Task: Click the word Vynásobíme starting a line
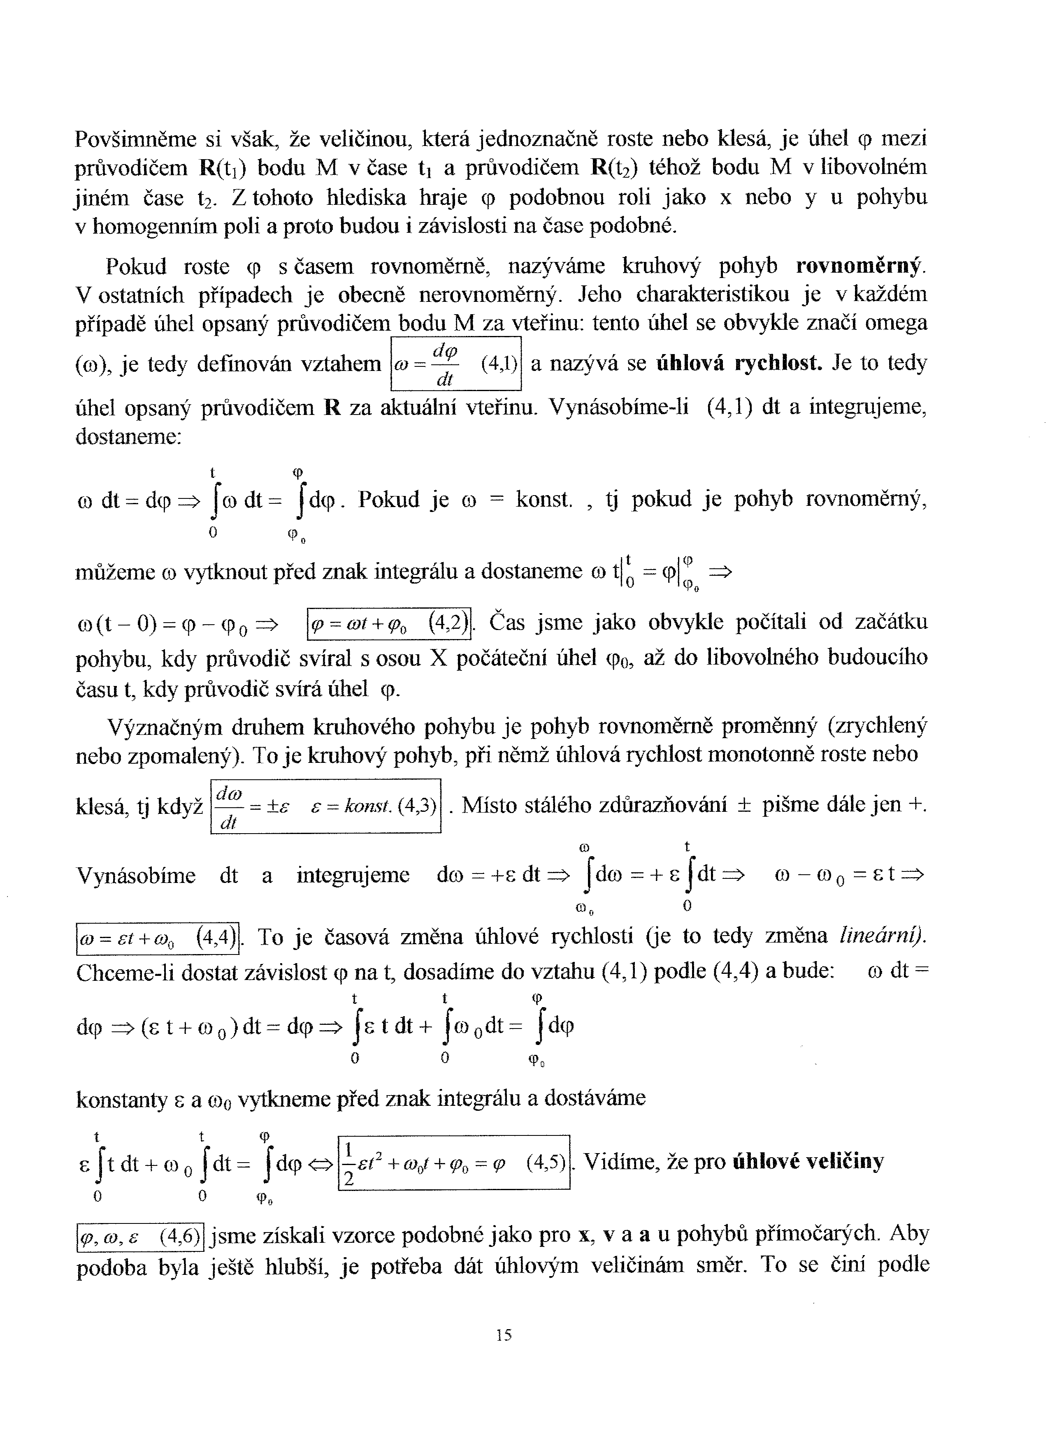(x=136, y=876)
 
